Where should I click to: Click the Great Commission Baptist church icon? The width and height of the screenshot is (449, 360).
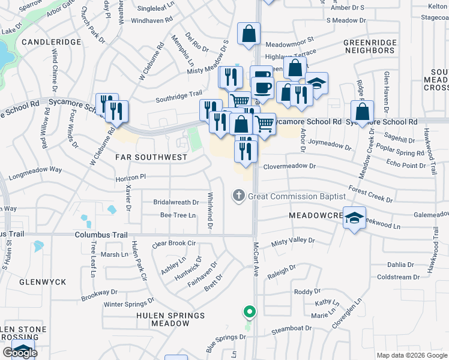click(239, 196)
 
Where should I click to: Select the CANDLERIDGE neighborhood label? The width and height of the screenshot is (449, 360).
click(51, 43)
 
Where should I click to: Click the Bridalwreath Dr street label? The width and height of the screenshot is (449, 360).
click(175, 202)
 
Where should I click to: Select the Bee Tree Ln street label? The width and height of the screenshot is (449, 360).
click(178, 215)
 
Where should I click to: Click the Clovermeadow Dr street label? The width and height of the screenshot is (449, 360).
click(289, 166)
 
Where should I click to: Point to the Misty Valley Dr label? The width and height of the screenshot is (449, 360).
click(293, 241)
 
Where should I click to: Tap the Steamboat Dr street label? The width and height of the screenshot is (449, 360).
click(293, 329)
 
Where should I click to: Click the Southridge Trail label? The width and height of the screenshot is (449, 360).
click(179, 95)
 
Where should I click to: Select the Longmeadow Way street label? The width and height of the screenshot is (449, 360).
click(37, 170)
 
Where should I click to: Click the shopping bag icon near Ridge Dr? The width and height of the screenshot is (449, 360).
click(363, 111)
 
